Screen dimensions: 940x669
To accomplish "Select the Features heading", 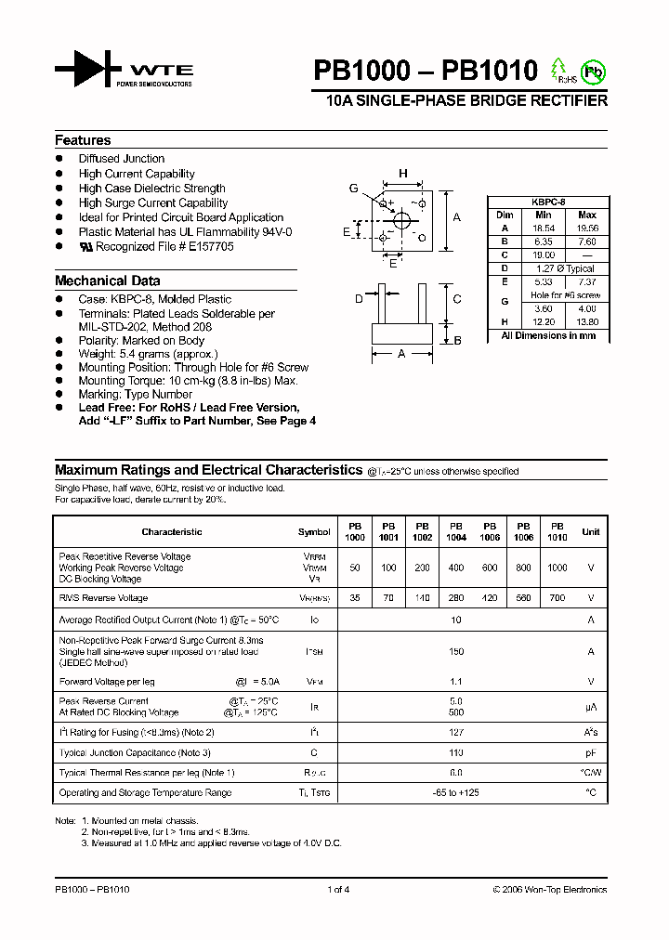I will pyautogui.click(x=83, y=140).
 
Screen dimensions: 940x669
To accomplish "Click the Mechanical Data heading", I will pyautogui.click(x=107, y=281).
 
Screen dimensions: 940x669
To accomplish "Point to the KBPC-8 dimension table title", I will pyautogui.click(x=548, y=201).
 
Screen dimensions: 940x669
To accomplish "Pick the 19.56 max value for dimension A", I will pyautogui.click(x=587, y=228).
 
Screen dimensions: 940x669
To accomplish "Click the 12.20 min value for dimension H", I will pyautogui.click(x=544, y=321).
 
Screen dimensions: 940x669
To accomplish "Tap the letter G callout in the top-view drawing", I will pyautogui.click(x=354, y=189).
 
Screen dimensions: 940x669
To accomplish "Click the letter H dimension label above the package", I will pyautogui.click(x=403, y=174).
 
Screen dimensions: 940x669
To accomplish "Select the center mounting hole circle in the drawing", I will pyautogui.click(x=402, y=221).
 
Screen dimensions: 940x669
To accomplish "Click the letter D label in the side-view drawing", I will pyautogui.click(x=359, y=298).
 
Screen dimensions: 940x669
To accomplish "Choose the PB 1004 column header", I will pyautogui.click(x=456, y=531).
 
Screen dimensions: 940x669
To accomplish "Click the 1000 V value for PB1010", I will pyautogui.click(x=557, y=568).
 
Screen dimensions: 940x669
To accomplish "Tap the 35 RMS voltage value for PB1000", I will pyautogui.click(x=355, y=598).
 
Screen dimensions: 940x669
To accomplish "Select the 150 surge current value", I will pyautogui.click(x=455, y=652).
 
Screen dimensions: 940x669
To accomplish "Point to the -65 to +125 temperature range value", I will pyautogui.click(x=455, y=793).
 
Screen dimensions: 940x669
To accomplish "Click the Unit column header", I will pyautogui.click(x=591, y=532).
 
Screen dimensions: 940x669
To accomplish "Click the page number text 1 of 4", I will pyautogui.click(x=338, y=890).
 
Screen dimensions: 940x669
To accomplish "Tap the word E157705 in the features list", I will pyautogui.click(x=210, y=247).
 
